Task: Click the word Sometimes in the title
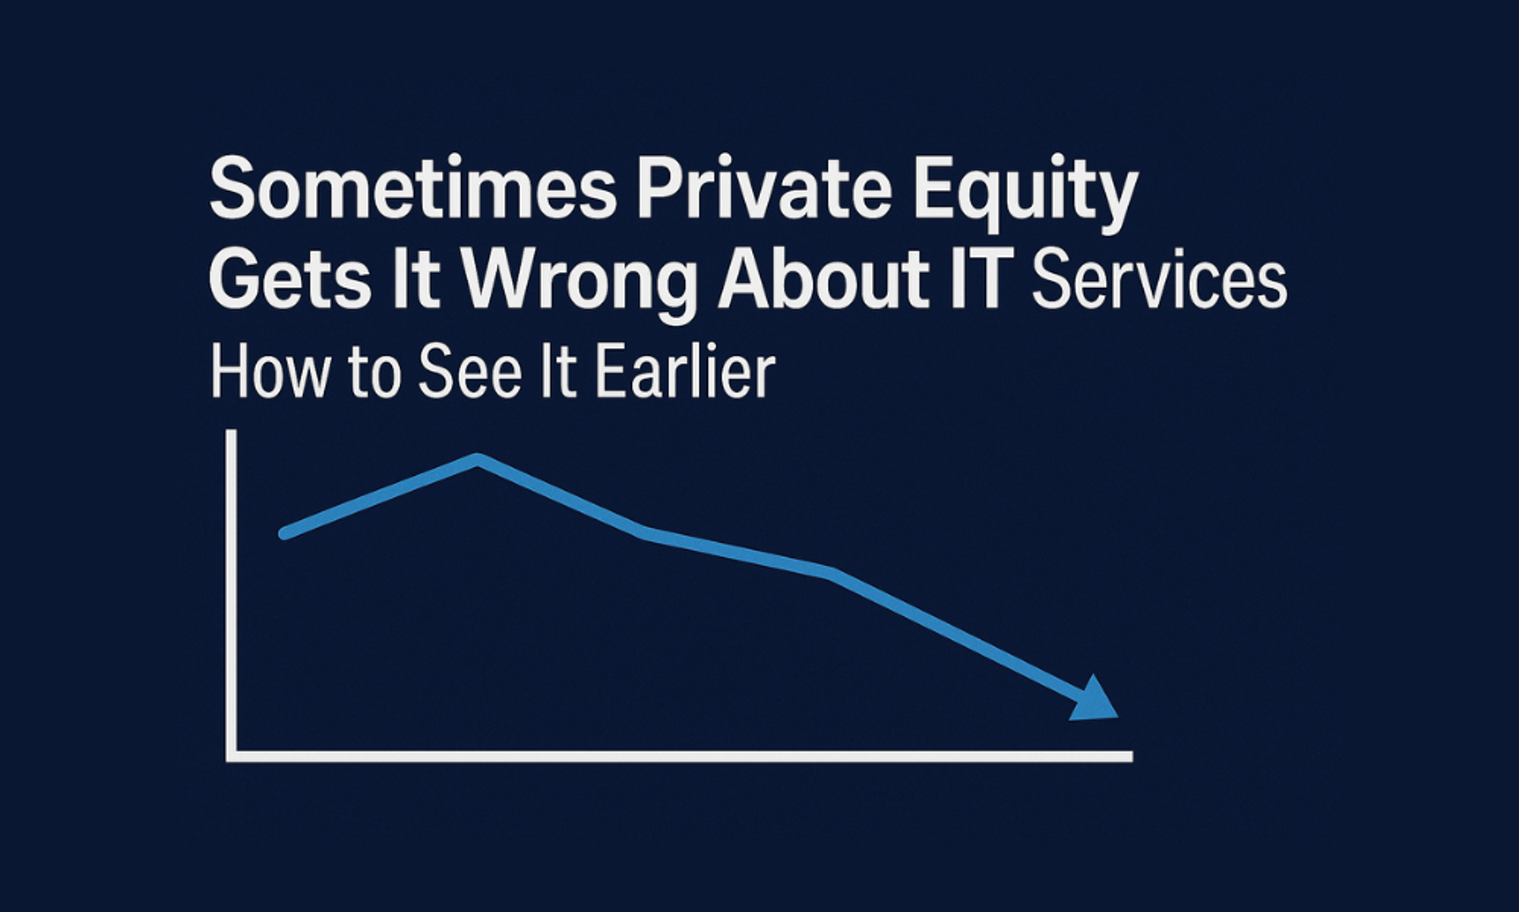pyautogui.click(x=412, y=188)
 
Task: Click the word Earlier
pyautogui.click(x=685, y=372)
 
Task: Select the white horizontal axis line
pyautogui.click(x=680, y=756)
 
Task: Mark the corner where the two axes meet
pyautogui.click(x=232, y=756)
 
